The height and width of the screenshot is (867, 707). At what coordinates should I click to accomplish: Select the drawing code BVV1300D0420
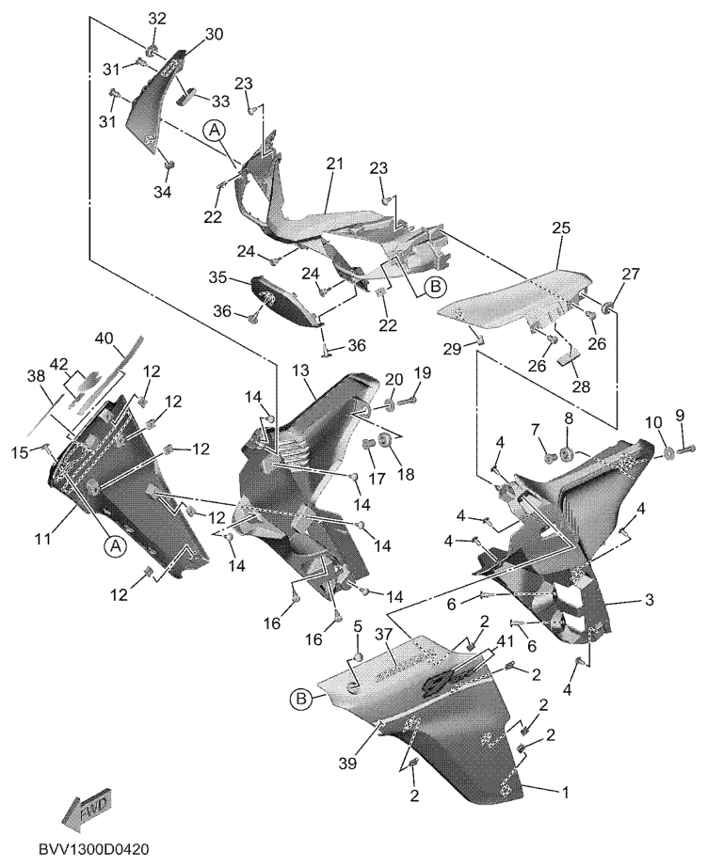click(96, 848)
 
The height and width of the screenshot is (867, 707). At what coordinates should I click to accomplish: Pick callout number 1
click(566, 793)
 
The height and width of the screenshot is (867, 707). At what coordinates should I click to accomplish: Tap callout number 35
click(217, 278)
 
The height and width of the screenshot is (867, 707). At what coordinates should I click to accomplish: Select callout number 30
click(214, 34)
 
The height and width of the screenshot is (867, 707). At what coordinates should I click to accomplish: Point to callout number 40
click(104, 339)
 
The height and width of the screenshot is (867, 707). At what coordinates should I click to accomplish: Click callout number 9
click(680, 415)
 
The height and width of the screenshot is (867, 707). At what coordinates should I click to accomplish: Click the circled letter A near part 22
click(214, 132)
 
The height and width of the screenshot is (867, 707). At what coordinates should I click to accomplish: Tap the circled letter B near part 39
click(299, 698)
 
